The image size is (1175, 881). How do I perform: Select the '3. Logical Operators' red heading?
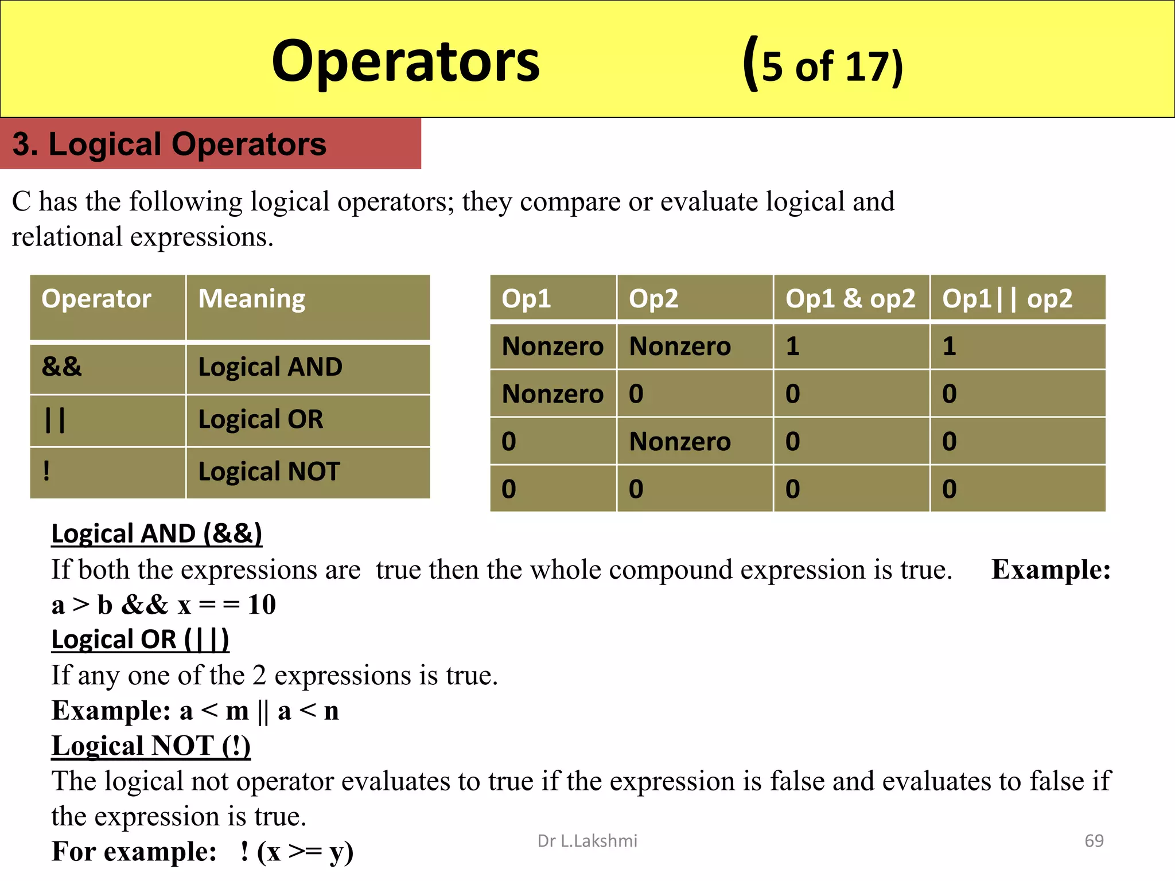click(x=169, y=144)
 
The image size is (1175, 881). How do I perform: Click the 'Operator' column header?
click(x=96, y=299)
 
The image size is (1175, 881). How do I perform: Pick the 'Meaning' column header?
click(x=251, y=299)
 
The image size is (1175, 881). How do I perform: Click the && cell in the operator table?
click(x=62, y=367)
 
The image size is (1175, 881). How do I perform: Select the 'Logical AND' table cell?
click(x=270, y=367)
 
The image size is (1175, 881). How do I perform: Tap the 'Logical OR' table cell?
click(x=260, y=419)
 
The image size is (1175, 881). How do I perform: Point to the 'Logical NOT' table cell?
click(x=269, y=471)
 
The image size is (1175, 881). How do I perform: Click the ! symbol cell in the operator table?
click(x=46, y=471)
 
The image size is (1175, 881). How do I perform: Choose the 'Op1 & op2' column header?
click(x=850, y=299)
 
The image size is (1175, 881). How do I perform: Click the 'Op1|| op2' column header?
click(x=1007, y=299)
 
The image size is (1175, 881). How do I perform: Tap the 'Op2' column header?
click(x=653, y=299)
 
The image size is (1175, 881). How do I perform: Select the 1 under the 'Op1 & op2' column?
click(x=792, y=346)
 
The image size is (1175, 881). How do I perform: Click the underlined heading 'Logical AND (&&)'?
click(x=157, y=533)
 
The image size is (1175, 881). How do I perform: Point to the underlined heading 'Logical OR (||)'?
click(x=140, y=640)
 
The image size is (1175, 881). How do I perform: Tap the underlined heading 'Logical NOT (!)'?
click(x=151, y=746)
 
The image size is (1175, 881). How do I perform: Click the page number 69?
click(x=1094, y=841)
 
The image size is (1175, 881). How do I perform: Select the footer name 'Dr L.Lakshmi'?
click(x=587, y=841)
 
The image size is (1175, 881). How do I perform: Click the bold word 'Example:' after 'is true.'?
click(x=1051, y=570)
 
